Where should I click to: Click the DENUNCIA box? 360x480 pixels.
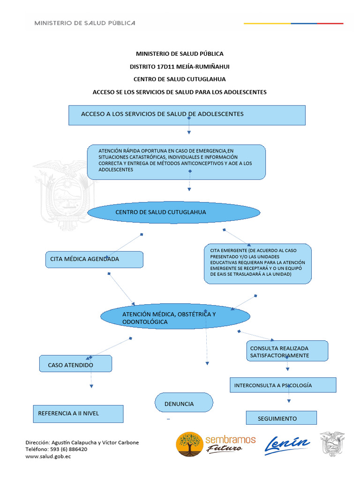(x=184, y=402)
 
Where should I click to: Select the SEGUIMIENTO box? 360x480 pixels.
(x=281, y=418)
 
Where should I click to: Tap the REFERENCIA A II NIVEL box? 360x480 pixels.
(x=78, y=414)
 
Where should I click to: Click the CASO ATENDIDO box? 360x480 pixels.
(x=75, y=364)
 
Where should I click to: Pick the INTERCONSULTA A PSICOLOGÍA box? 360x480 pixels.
(x=283, y=385)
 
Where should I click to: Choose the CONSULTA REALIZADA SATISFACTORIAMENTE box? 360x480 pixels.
(x=287, y=351)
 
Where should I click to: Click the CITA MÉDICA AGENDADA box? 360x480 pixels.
(x=94, y=260)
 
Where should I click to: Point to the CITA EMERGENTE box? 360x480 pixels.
(x=258, y=263)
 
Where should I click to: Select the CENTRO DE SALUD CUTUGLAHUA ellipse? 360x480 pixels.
(x=174, y=212)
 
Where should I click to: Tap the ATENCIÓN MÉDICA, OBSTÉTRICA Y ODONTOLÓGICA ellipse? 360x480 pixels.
(x=175, y=316)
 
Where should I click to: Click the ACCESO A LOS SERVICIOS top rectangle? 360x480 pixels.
(x=187, y=115)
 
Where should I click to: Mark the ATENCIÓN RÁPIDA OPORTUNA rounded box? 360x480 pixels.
(x=176, y=162)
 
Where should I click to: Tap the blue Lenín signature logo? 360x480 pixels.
(x=287, y=445)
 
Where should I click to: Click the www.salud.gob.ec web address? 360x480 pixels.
(x=48, y=457)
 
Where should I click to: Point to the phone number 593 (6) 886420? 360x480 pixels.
(x=68, y=450)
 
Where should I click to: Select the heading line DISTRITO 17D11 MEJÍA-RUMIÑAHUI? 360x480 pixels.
(x=180, y=67)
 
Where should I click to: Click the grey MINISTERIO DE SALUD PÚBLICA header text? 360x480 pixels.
(x=85, y=23)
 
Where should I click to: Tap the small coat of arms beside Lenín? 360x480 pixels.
(x=332, y=444)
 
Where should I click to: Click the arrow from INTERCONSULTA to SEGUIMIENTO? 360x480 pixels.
(x=289, y=394)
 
